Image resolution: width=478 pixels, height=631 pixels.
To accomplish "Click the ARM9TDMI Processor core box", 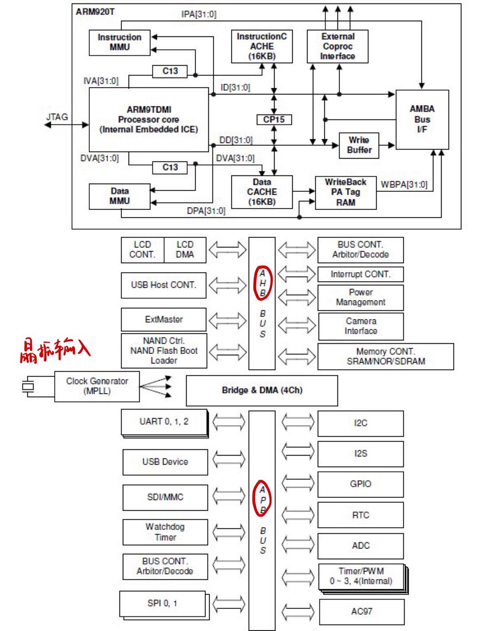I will point(148,120).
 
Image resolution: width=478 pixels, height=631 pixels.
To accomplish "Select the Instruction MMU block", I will point(120,43).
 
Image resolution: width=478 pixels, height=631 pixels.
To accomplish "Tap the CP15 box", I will point(274,120).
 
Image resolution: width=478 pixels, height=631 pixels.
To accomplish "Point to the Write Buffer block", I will point(359,145).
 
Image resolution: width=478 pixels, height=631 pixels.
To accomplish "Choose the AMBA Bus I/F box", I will point(422,120).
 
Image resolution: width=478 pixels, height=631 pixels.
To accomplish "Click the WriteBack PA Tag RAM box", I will point(346,193).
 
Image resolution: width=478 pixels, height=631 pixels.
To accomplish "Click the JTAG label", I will point(57,117).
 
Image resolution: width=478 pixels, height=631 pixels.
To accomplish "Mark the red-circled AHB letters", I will point(262,283).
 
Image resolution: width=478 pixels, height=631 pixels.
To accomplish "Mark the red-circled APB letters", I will point(262,499).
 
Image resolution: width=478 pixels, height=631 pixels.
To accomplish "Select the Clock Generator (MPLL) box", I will point(97,386).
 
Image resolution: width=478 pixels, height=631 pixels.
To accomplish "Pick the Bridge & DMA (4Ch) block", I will point(262,390).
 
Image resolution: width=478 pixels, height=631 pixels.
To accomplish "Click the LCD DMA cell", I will point(185,250).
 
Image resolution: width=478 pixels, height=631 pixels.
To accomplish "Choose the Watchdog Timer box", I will point(165,532).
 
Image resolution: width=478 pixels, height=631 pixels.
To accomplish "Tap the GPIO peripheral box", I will point(361,484).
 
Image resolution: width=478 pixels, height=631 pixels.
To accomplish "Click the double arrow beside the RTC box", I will point(297,515).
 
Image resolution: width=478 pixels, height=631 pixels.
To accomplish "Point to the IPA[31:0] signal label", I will point(198,14).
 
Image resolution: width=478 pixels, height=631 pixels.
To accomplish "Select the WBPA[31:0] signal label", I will point(404,185).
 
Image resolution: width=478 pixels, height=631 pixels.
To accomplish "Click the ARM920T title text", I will point(95,12).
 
